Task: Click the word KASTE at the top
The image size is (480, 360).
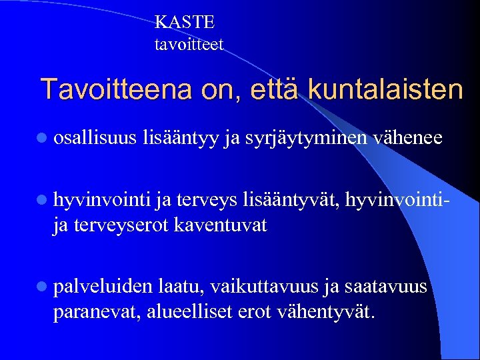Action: [185, 22]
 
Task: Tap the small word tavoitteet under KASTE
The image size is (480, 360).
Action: [189, 45]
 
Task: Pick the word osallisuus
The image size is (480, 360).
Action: [95, 138]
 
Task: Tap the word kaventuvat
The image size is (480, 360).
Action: [220, 225]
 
